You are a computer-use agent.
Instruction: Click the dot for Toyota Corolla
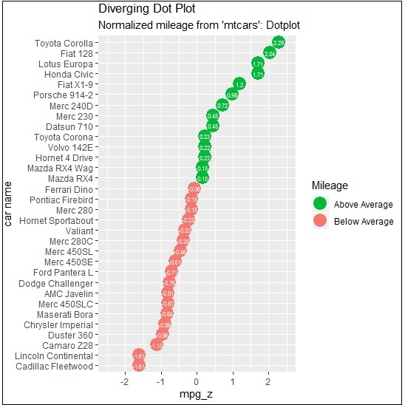coord(278,43)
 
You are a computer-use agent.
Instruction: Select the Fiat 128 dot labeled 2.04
coord(270,54)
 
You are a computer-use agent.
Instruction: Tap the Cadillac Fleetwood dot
coord(138,366)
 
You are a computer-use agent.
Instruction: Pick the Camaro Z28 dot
coord(157,344)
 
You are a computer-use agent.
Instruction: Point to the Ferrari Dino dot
coord(194,189)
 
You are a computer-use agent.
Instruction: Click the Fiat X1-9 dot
coord(239,85)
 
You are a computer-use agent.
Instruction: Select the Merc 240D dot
coord(222,106)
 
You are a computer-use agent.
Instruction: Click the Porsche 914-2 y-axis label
coord(63,95)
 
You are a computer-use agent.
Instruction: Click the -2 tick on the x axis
coord(124,383)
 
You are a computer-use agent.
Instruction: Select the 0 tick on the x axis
coord(197,383)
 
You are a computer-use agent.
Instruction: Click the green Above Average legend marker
coord(320,203)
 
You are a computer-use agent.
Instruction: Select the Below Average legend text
coord(364,222)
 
